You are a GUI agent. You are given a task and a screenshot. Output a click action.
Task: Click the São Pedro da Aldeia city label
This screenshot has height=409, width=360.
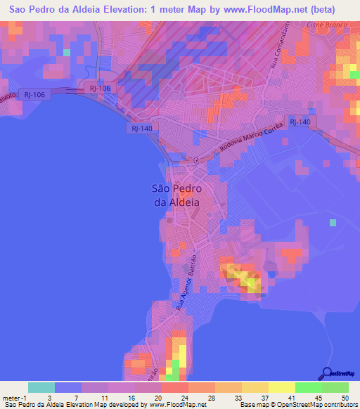pos(176,195)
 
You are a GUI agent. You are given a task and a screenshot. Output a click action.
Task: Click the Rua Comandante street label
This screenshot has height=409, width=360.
pos(280,45)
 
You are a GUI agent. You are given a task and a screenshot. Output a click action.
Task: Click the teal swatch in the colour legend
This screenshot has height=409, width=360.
pos(41,387)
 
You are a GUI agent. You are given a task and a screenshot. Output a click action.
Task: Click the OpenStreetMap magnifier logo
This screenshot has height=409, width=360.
pos(326,373)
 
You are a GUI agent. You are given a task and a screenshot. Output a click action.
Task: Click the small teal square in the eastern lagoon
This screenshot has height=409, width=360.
pos(333,223)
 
